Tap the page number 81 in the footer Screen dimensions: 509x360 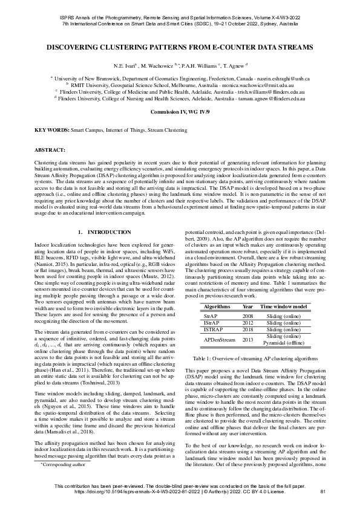point(322,492)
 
